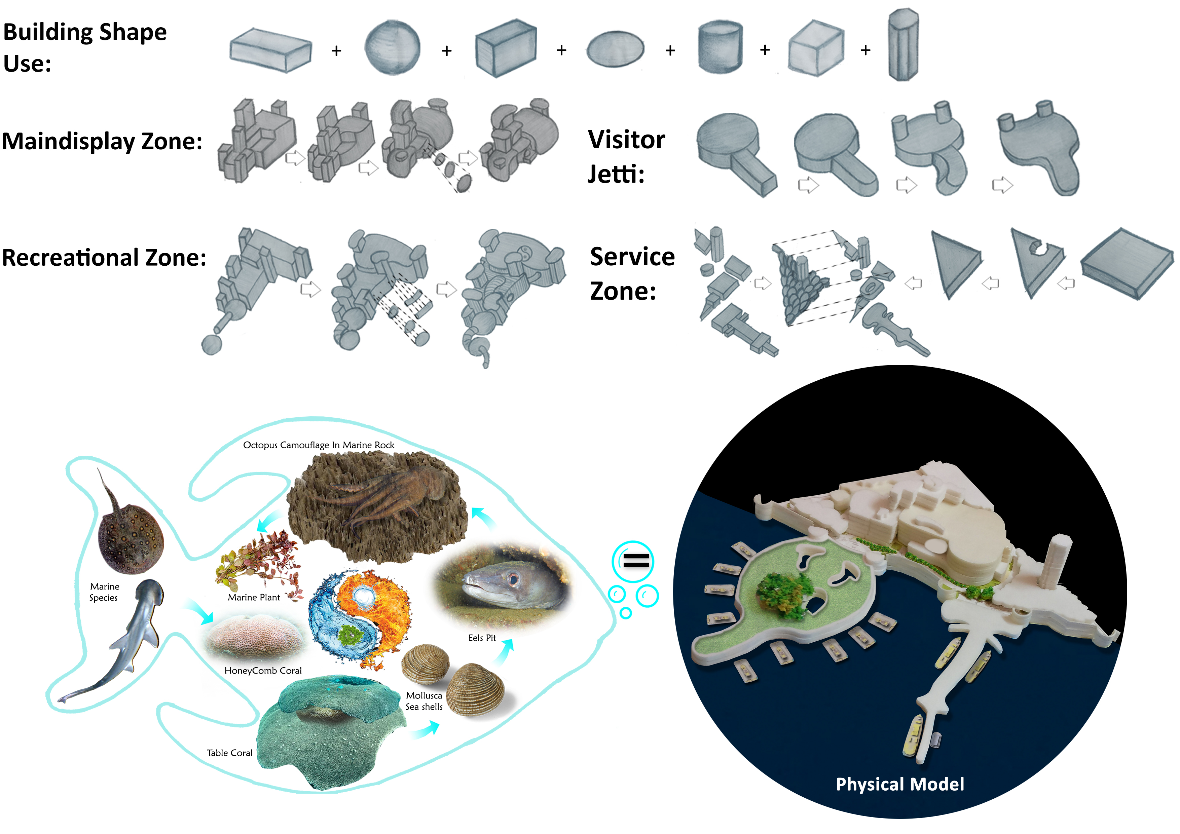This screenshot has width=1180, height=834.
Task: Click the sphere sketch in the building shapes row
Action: click(x=392, y=48)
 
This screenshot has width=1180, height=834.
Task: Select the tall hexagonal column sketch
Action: click(x=903, y=45)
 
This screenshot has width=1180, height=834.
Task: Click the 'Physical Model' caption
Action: click(x=899, y=784)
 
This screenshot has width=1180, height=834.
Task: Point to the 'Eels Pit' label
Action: click(x=482, y=638)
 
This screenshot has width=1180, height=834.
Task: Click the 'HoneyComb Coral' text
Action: click(x=263, y=671)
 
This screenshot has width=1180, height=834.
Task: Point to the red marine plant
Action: click(x=260, y=563)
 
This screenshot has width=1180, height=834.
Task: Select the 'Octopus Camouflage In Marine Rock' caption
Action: click(x=319, y=445)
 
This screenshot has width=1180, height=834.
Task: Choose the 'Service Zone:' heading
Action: click(x=632, y=273)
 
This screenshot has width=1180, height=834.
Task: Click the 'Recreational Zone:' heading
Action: click(x=104, y=258)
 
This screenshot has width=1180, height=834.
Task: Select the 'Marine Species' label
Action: click(x=104, y=592)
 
